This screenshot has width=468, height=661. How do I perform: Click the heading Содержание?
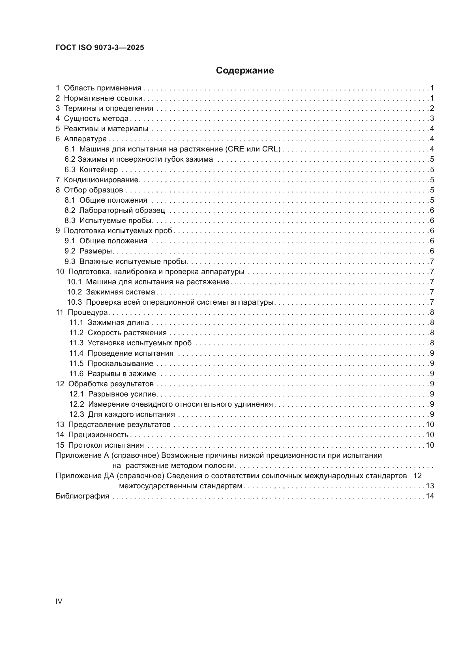point(245,71)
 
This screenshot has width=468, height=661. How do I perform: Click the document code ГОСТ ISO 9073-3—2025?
point(100,47)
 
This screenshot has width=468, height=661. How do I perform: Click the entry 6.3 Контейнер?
point(91,170)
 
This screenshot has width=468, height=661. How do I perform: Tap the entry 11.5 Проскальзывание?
point(111,364)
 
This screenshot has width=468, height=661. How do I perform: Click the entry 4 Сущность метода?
point(92,119)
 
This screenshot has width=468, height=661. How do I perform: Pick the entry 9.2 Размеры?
point(88,251)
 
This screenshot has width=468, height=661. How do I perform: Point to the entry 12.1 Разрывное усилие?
point(113,394)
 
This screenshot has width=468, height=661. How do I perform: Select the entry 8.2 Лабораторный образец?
point(115,211)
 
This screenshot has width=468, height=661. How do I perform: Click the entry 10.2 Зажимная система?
point(111,292)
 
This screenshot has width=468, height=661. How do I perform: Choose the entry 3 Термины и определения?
point(104,109)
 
